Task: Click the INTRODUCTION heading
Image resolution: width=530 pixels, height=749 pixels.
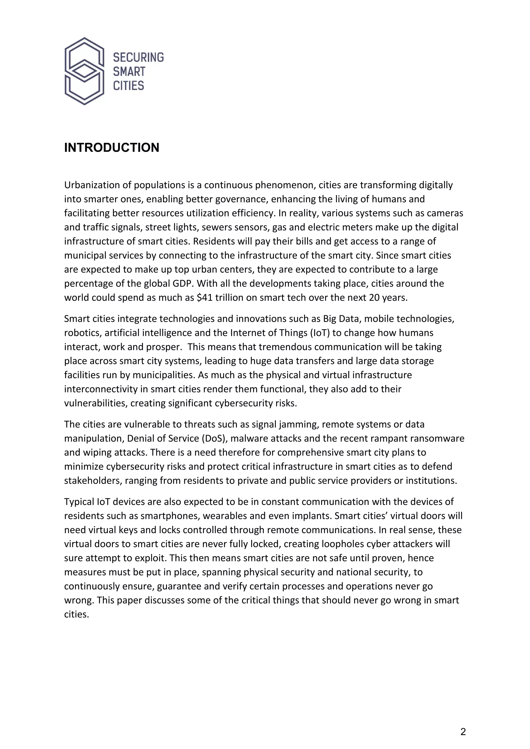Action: (112, 148)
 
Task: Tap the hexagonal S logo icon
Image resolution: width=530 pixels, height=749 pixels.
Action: (84, 71)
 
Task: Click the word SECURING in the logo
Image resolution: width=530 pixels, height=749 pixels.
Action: (138, 57)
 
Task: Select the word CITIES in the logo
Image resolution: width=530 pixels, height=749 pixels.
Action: (128, 86)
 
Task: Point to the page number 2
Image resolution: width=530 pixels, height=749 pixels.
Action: (463, 732)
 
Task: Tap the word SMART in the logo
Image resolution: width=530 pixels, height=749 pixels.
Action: (129, 72)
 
